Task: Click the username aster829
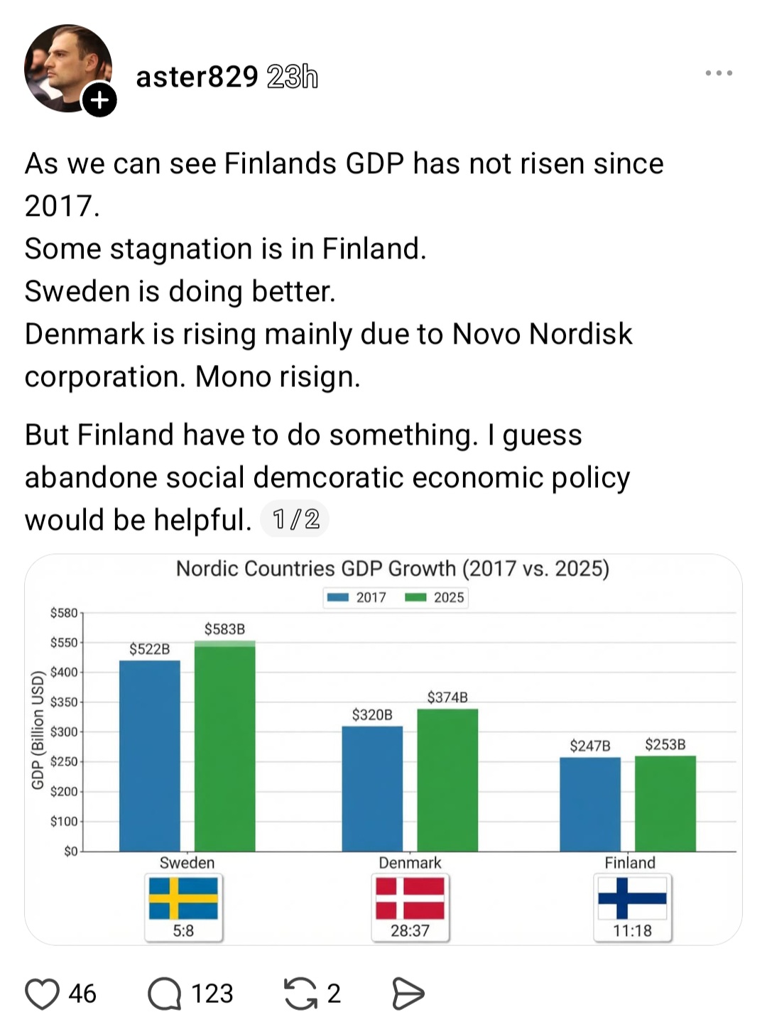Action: (197, 76)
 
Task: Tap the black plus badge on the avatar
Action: (99, 99)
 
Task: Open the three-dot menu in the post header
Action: (719, 72)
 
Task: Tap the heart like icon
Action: (42, 994)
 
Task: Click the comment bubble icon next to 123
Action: (165, 994)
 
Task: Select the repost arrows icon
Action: (300, 994)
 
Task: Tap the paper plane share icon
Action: (408, 994)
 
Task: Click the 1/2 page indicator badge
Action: (295, 519)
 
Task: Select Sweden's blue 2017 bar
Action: (150, 755)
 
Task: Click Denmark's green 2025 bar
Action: (447, 780)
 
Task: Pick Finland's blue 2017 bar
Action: (590, 804)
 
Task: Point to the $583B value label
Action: (224, 629)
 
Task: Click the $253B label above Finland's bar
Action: (665, 744)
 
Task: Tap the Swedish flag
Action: (183, 898)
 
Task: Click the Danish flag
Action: (410, 898)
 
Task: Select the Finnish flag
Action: (632, 898)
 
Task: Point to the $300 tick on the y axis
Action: (64, 731)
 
